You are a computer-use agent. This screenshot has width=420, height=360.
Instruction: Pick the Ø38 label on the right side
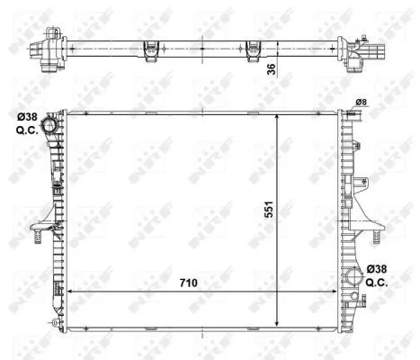pyautogui.click(x=379, y=269)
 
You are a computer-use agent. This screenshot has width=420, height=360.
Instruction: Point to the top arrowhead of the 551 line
pyautogui.click(x=284, y=116)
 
